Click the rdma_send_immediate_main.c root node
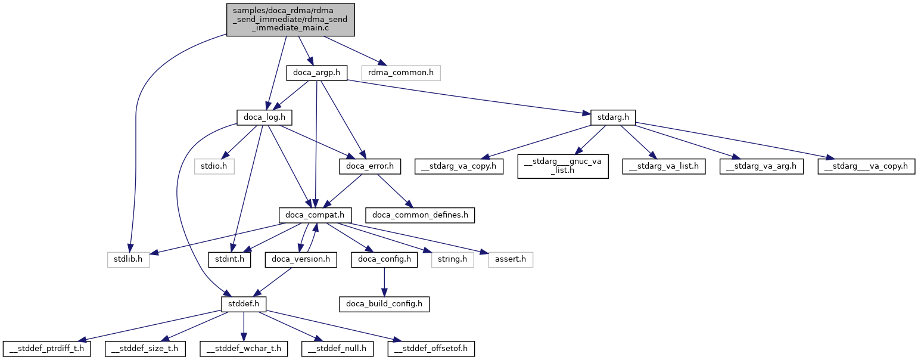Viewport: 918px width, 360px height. click(290, 20)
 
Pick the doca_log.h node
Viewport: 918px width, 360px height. click(261, 117)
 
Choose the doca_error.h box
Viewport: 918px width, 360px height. click(370, 166)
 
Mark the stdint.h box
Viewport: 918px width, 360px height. click(229, 259)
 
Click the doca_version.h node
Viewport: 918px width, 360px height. click(301, 259)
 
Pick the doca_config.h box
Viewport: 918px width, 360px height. click(384, 259)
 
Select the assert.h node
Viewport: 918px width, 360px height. click(511, 259)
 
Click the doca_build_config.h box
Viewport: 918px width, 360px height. click(384, 303)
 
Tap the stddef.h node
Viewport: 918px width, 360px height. click(243, 303)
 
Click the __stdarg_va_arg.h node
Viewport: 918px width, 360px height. click(761, 166)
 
